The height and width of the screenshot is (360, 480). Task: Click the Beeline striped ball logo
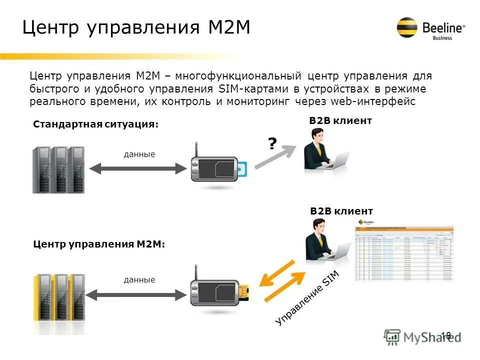tap(407, 28)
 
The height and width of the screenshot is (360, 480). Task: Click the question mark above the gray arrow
tap(272, 144)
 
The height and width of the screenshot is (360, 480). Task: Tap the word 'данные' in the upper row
tap(139, 154)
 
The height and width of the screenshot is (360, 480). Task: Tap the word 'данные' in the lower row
tap(139, 279)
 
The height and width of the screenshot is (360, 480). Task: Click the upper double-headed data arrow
tap(137, 168)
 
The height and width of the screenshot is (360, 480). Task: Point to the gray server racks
tap(58, 169)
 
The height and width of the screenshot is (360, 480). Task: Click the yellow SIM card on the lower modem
tap(244, 292)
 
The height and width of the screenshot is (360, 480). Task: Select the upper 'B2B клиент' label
tap(340, 121)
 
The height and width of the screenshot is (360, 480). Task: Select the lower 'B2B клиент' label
tap(341, 211)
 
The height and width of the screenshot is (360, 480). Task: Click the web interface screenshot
tap(404, 253)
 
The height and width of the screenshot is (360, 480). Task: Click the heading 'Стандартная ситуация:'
tap(95, 124)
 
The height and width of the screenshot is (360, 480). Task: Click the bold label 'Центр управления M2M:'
tap(99, 244)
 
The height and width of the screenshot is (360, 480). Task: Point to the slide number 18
tap(446, 335)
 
